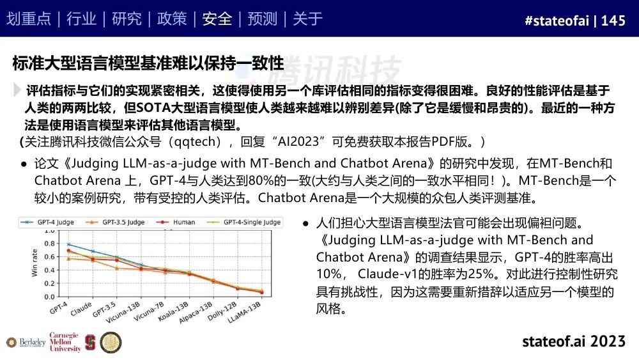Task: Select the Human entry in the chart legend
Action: pyautogui.click(x=176, y=222)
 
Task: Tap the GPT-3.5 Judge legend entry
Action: pyautogui.click(x=115, y=222)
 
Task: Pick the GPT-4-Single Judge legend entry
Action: pyautogui.click(x=244, y=222)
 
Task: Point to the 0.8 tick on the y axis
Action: pyautogui.click(x=49, y=244)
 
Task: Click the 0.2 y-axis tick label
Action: pyautogui.click(x=49, y=283)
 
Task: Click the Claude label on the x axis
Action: pyautogui.click(x=81, y=309)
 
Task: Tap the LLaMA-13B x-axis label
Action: pyautogui.click(x=244, y=312)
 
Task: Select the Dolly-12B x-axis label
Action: pyautogui.click(x=222, y=311)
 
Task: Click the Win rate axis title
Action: pyautogui.click(x=35, y=263)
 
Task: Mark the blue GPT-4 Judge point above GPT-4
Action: pyautogui.click(x=68, y=244)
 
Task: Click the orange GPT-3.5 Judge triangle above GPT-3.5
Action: pyautogui.click(x=117, y=269)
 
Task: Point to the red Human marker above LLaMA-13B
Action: pyautogui.click(x=261, y=292)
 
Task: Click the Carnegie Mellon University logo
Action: pyautogui.click(x=65, y=342)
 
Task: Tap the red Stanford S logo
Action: pyautogui.click(x=90, y=343)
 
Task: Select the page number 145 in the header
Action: pyautogui.click(x=613, y=20)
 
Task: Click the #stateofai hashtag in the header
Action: pyautogui.click(x=557, y=20)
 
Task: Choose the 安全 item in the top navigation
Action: pyautogui.click(x=217, y=19)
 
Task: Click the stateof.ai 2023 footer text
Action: pyautogui.click(x=574, y=341)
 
